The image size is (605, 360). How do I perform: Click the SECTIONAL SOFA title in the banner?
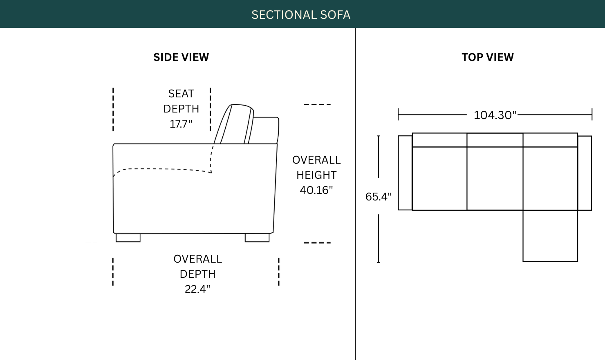(301, 15)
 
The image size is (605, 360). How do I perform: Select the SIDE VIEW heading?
(181, 57)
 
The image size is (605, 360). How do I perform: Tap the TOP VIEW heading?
(488, 57)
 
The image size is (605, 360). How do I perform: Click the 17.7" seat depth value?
(181, 124)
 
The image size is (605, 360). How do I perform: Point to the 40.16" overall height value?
(316, 190)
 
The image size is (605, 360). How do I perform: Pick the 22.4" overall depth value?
(197, 289)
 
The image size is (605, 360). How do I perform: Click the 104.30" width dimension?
(495, 115)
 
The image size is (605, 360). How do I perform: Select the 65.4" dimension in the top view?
(379, 197)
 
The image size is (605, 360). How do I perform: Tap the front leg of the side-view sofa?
(128, 238)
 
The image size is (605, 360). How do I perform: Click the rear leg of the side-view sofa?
(257, 238)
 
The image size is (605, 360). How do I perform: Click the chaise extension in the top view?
(550, 236)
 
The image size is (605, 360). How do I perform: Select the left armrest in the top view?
(405, 173)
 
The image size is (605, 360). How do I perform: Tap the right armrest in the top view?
(585, 173)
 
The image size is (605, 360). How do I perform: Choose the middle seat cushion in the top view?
(495, 178)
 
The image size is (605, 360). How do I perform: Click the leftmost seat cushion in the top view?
(439, 178)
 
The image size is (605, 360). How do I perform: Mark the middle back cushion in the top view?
(495, 140)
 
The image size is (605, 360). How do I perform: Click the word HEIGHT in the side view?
(316, 175)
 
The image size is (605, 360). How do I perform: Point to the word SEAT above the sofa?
(181, 94)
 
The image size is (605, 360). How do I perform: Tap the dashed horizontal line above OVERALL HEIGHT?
(317, 104)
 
